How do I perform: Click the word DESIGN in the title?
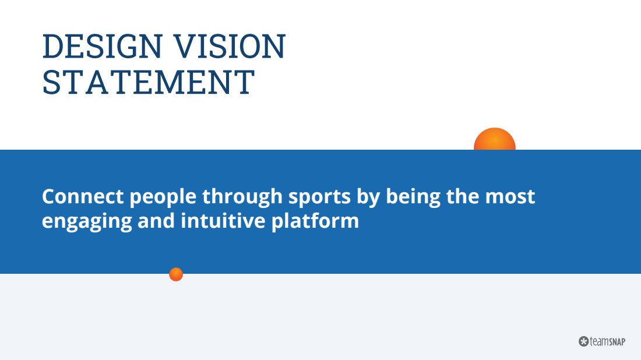102,46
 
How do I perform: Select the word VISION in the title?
229,46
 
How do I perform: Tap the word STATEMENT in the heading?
149,82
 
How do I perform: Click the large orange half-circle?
495,139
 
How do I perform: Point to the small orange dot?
176,274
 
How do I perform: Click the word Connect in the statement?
83,196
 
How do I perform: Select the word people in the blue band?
163,198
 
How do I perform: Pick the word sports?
320,198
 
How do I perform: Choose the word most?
510,197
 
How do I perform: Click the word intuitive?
223,221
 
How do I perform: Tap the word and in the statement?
156,221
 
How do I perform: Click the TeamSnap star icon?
584,341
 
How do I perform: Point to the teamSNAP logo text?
607,341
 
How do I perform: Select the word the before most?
463,196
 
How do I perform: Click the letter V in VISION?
185,46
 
